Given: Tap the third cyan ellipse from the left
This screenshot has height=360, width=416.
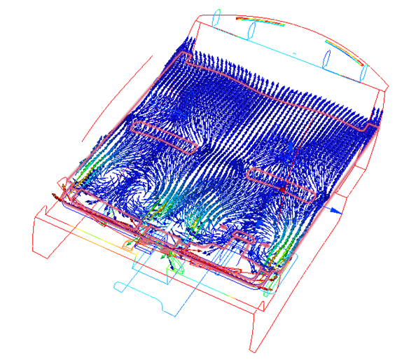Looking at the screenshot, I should (328, 56).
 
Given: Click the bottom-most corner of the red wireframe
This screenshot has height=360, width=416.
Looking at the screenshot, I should (252, 350).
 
